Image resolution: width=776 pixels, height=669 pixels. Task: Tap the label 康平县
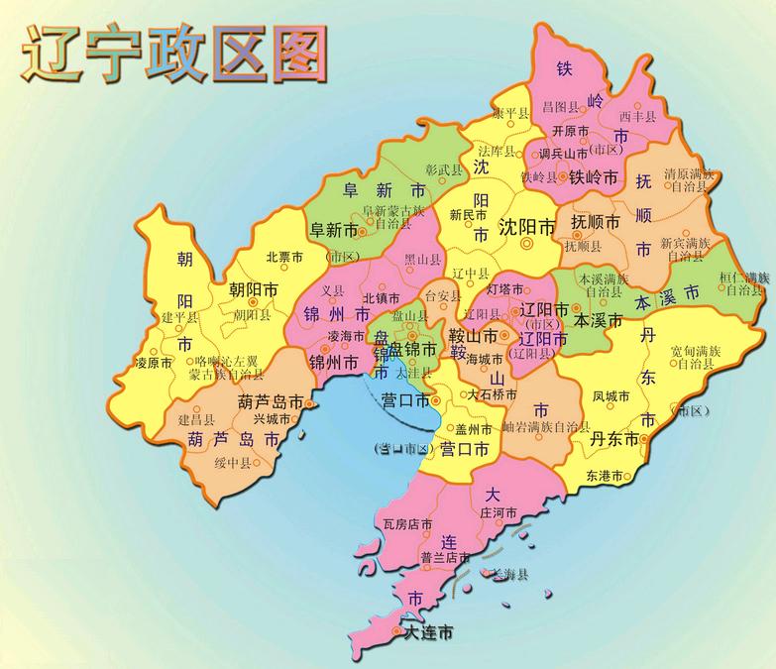point(499,115)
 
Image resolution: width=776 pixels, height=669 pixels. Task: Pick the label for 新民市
point(469,213)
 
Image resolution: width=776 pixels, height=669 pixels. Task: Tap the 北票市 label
point(283,256)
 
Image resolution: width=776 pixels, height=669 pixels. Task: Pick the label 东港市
point(605,476)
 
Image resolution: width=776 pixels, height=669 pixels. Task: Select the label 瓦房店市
point(407,523)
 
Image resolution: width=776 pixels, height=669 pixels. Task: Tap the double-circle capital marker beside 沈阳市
point(527,240)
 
